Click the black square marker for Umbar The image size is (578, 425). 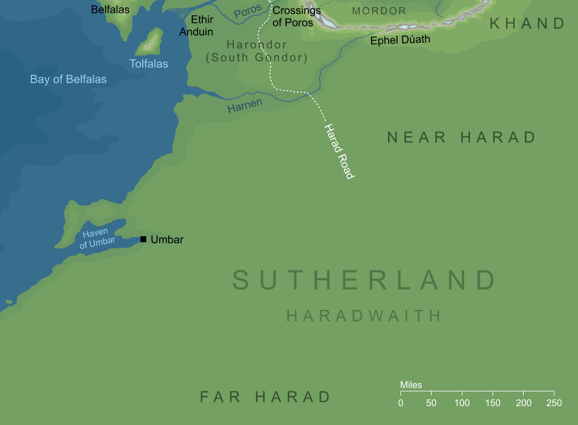tap(143, 239)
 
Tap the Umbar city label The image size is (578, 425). tap(167, 240)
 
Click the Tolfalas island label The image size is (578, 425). tap(149, 64)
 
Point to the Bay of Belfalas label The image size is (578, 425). tap(68, 79)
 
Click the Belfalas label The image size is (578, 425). tap(110, 9)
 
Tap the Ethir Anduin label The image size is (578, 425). tap(196, 26)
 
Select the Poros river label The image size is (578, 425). tap(248, 12)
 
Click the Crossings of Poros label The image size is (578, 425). tap(296, 17)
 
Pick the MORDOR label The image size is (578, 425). tap(379, 11)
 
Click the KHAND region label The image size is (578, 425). tap(527, 24)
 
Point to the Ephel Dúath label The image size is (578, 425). tap(400, 40)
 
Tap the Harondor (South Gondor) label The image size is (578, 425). tap(257, 51)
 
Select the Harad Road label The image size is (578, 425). tap(339, 151)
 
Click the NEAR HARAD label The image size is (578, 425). tap(461, 138)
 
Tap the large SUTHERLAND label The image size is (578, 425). tap(363, 280)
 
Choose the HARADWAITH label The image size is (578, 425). tap(364, 316)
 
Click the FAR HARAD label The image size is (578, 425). tap(265, 397)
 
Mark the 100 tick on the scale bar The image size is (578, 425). tap(462, 392)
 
